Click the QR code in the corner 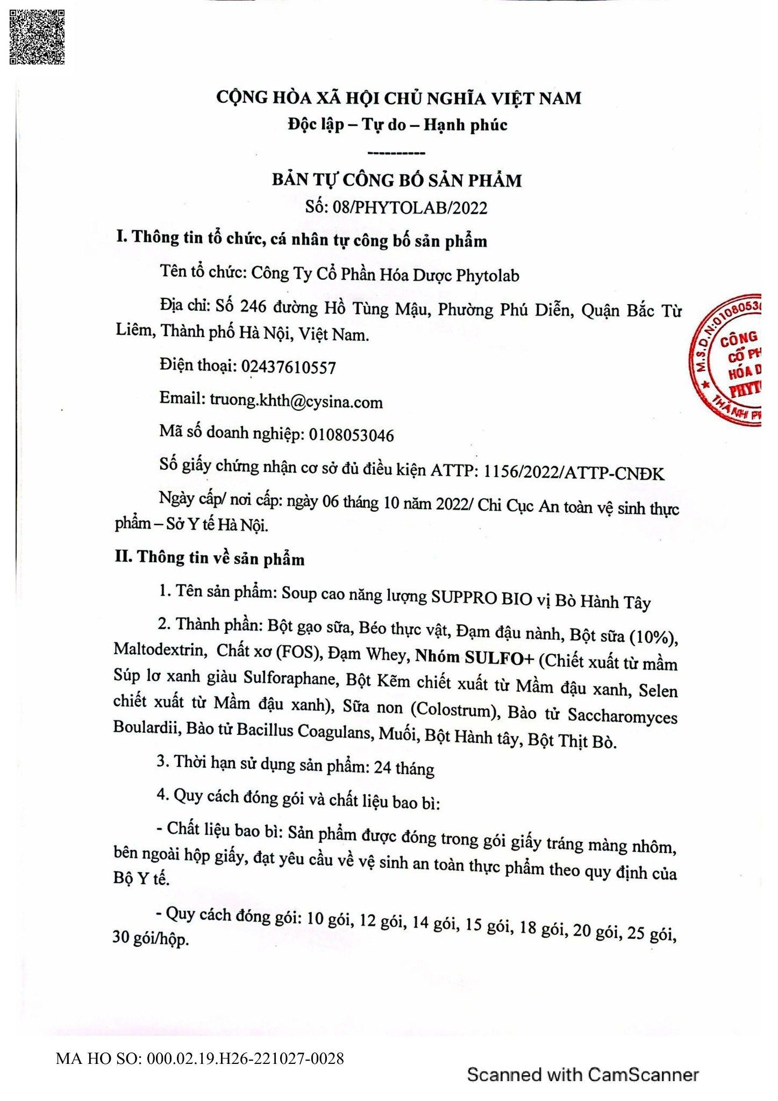tap(37, 37)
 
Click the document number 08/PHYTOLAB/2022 tap(410, 208)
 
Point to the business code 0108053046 tap(351, 434)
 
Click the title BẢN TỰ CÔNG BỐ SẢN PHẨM tap(397, 180)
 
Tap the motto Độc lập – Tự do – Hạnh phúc tap(397, 125)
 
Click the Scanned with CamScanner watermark tap(583, 1075)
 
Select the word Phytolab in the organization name tap(488, 275)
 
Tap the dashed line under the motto tap(398, 154)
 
